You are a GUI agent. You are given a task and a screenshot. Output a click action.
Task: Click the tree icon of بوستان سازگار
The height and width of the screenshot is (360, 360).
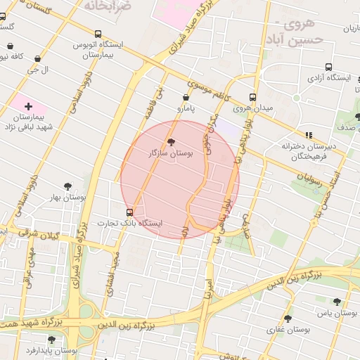[172, 142]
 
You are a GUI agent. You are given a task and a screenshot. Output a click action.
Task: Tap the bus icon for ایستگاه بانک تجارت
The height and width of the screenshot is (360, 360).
[129, 212]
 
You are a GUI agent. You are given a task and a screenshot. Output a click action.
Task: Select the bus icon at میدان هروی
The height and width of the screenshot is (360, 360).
[252, 98]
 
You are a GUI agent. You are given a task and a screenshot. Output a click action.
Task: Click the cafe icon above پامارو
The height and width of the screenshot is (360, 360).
[186, 98]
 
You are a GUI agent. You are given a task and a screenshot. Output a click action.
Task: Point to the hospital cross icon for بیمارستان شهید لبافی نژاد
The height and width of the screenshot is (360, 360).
[28, 105]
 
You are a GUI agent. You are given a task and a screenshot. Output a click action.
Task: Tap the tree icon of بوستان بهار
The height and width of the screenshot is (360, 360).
[67, 186]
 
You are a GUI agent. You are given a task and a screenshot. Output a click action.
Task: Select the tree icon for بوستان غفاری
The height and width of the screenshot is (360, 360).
[288, 319]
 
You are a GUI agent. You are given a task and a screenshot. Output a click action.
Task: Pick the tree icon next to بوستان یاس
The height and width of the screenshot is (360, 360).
[337, 302]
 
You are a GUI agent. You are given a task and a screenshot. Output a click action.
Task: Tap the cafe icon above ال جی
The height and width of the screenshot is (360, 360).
[37, 59]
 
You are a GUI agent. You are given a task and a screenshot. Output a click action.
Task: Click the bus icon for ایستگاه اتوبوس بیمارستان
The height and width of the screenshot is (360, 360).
[97, 33]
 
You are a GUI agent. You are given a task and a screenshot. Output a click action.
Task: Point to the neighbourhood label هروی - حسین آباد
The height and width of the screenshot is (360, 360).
[297, 32]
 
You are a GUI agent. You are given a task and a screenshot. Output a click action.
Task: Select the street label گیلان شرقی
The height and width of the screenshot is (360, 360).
[38, 236]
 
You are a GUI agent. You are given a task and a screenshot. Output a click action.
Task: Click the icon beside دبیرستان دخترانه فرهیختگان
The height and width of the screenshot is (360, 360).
[308, 135]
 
